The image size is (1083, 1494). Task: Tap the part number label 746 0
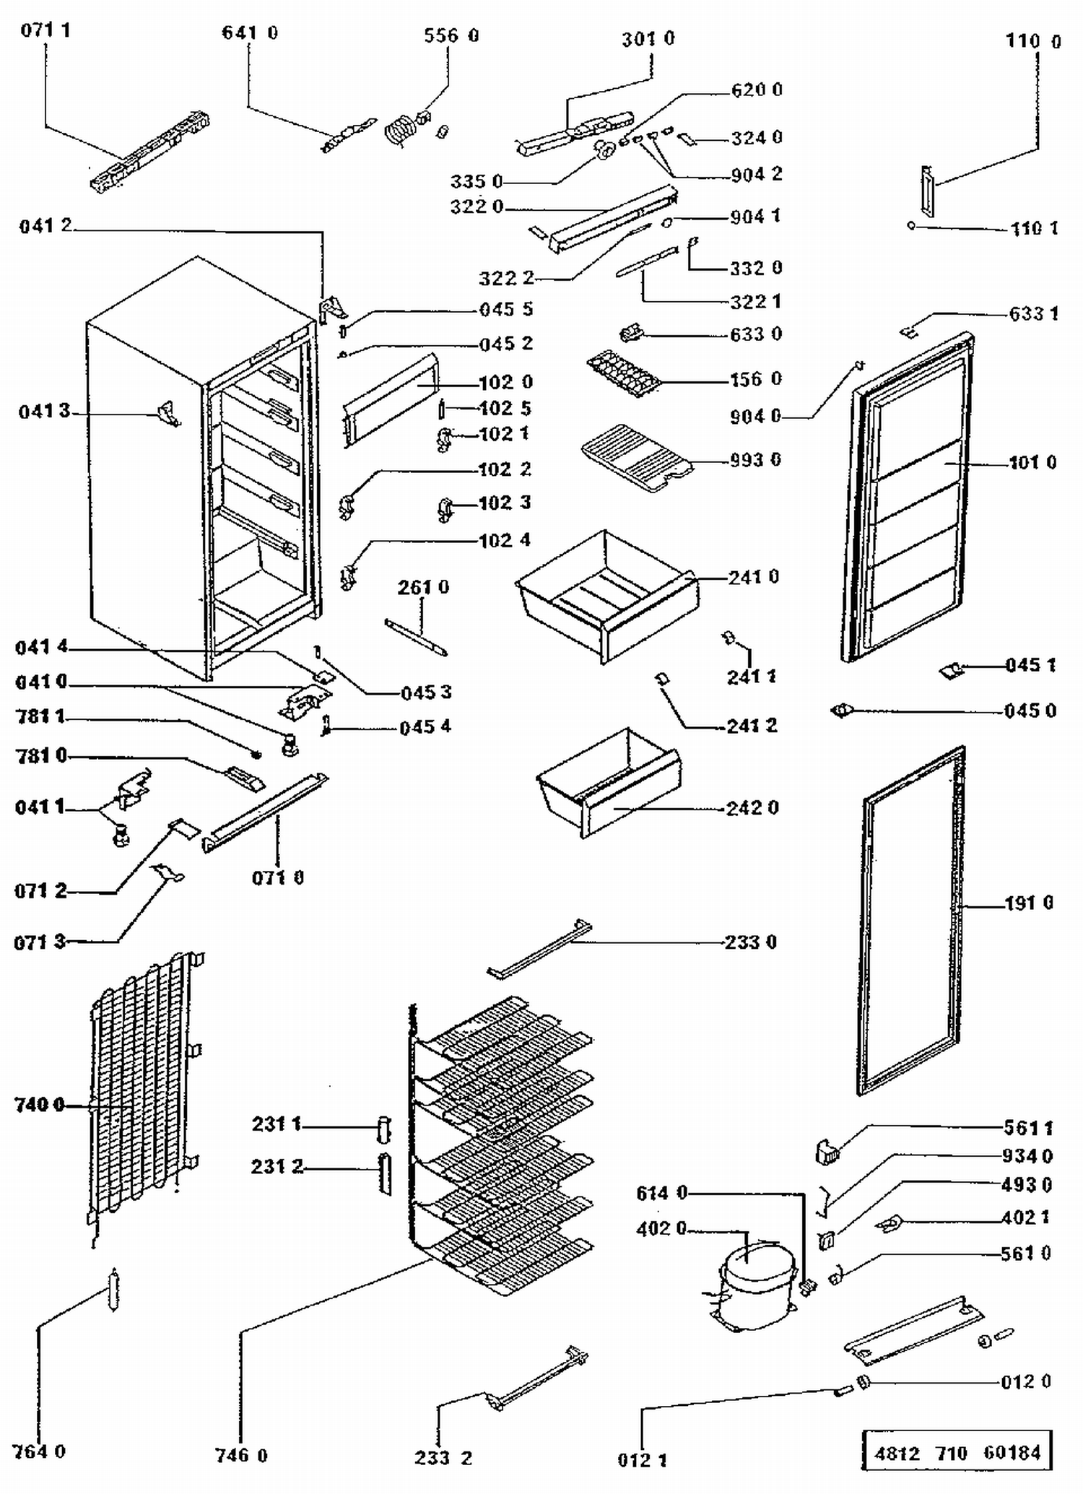(241, 1455)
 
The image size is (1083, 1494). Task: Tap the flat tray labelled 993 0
(635, 456)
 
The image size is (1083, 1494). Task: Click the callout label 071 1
(45, 30)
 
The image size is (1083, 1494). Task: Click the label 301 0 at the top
(648, 38)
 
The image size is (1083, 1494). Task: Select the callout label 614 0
(661, 1193)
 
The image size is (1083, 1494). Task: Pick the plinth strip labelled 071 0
(264, 812)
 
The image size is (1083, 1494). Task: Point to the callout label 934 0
(1027, 1156)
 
